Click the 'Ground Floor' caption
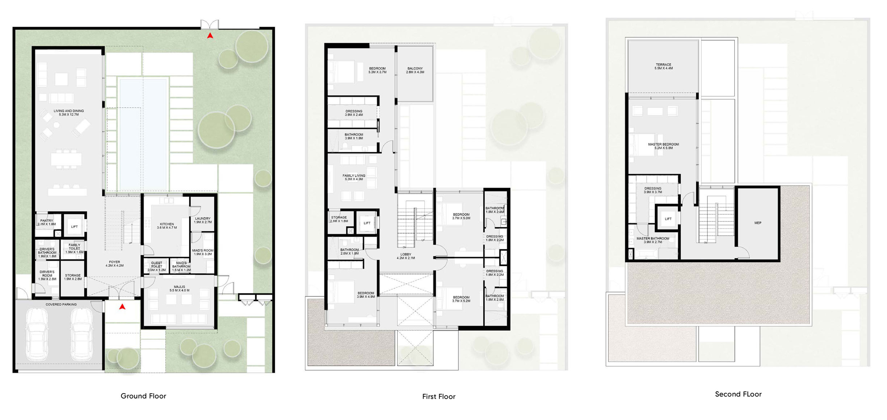(x=143, y=396)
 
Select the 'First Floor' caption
(x=439, y=397)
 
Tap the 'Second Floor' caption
(x=738, y=394)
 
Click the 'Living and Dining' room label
(x=69, y=113)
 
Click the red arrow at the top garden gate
(x=210, y=36)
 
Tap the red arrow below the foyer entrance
(x=122, y=307)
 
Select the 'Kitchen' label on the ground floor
(x=167, y=226)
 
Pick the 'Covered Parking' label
(x=61, y=304)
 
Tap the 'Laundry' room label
(x=203, y=220)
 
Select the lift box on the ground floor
(x=74, y=226)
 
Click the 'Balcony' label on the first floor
(x=415, y=70)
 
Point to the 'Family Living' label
(x=354, y=177)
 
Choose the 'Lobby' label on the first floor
(x=406, y=256)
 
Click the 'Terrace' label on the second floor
(x=664, y=66)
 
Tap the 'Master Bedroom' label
(x=663, y=146)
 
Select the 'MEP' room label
(x=758, y=223)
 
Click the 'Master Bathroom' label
(x=653, y=240)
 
